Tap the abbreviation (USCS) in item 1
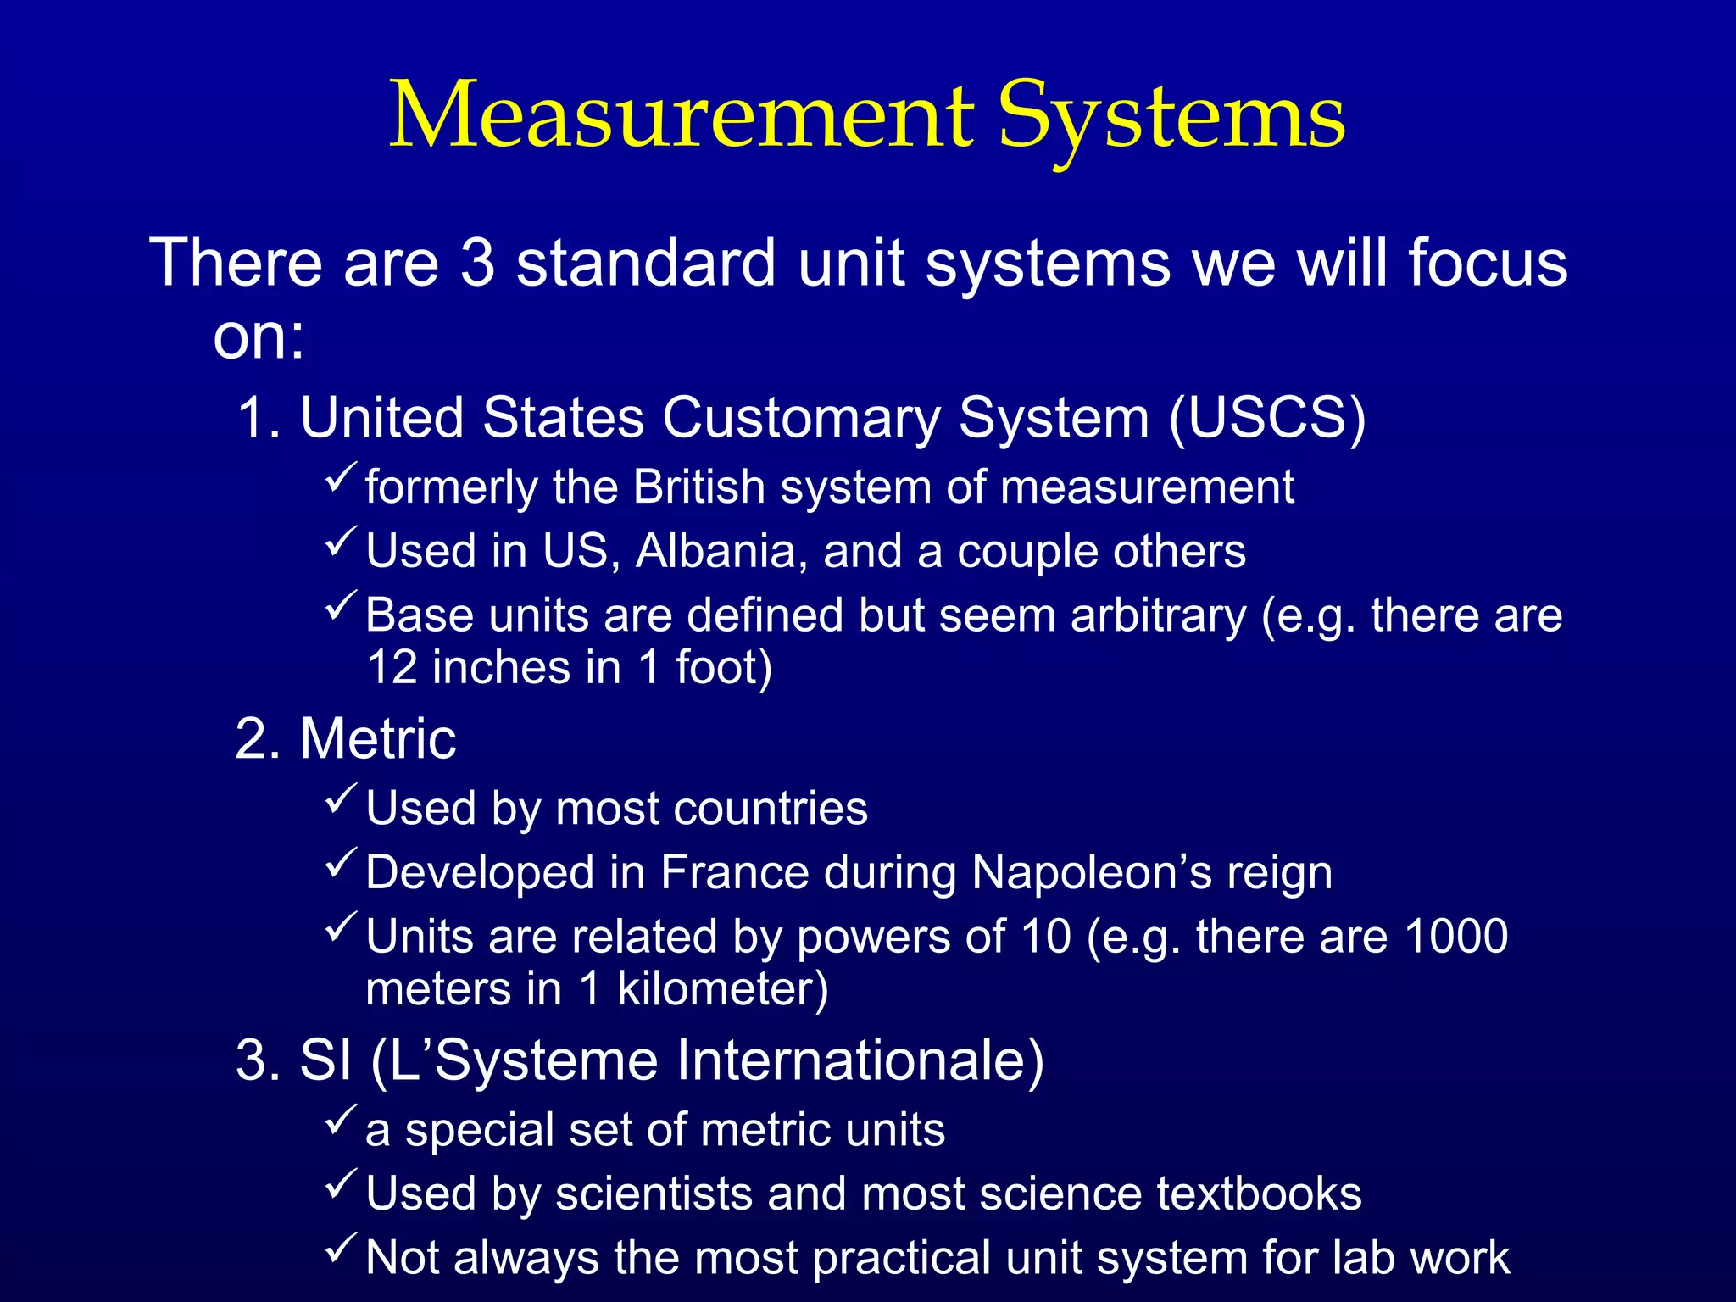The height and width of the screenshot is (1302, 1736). pos(1267,418)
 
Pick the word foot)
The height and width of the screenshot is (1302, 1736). pos(724,667)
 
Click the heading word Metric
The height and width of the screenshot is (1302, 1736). pos(377,738)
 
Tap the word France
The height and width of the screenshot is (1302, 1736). pos(734,872)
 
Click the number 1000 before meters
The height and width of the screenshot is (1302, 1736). pos(1456,937)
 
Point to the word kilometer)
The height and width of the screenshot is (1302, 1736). pos(722,989)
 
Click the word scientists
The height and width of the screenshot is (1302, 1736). pos(654,1193)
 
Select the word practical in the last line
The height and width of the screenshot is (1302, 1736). pos(901,1257)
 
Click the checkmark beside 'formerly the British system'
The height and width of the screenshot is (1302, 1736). pos(342,479)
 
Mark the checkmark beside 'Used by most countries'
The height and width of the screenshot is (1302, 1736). pos(342,799)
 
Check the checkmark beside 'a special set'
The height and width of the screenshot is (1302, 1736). pos(342,1121)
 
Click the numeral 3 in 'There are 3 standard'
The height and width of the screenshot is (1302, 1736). pos(478,263)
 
